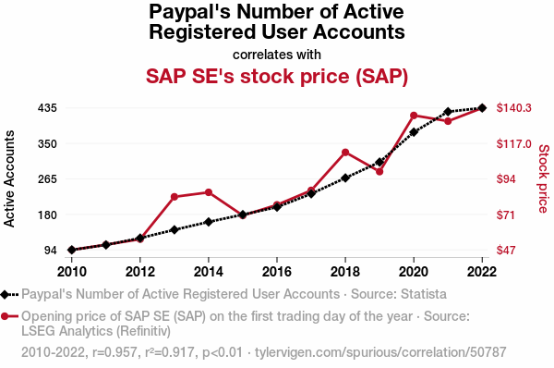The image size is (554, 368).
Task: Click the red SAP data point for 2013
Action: (175, 197)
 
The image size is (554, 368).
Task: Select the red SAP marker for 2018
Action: (345, 153)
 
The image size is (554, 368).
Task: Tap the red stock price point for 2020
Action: (414, 116)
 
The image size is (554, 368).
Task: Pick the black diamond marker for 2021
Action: (448, 112)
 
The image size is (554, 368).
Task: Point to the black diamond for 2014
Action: (209, 222)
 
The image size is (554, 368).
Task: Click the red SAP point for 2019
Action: (379, 172)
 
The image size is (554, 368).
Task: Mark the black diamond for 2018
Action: (345, 178)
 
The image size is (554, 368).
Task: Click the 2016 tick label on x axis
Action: (277, 272)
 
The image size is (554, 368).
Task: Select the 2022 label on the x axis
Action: (482, 272)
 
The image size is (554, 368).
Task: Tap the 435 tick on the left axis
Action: (47, 108)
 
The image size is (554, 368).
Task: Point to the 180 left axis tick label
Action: (47, 215)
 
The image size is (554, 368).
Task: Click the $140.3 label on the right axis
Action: (513, 107)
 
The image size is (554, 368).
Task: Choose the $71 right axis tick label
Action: (506, 215)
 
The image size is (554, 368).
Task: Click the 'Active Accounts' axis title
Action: (9, 178)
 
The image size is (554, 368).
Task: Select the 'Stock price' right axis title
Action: (544, 178)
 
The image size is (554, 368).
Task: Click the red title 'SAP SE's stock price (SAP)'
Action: (277, 76)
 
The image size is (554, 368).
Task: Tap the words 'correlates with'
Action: (277, 55)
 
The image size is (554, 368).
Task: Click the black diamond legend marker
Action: (5, 294)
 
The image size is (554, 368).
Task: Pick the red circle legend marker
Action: (5, 316)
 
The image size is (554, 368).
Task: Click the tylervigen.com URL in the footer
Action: (380, 352)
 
